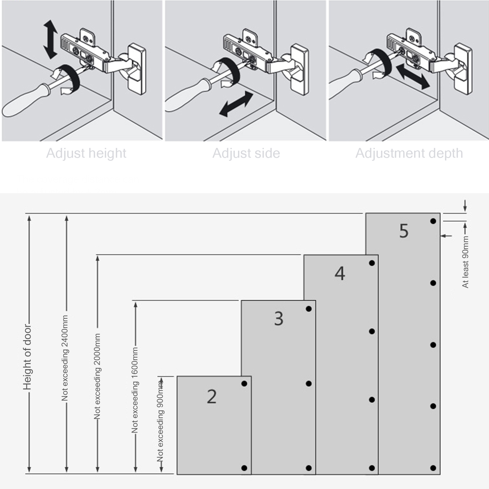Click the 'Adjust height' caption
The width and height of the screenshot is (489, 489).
coord(86,153)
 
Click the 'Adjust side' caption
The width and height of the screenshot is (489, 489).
coord(246,153)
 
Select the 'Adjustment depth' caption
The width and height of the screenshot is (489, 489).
coord(409,153)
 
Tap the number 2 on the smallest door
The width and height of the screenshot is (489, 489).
coord(211,397)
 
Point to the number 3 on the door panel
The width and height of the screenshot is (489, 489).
coord(278,318)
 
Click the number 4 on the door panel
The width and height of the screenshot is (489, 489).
coord(340,273)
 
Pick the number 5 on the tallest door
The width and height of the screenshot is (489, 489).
coord(404,231)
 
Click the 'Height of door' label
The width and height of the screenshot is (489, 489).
coord(27,358)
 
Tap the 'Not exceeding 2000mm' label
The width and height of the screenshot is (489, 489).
coord(97,376)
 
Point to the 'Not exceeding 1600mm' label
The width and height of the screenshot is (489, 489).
coord(135,390)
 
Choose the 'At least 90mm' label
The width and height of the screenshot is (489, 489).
coord(465,262)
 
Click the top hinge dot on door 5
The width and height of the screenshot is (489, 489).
coord(433,221)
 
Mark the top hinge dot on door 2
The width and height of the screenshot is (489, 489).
coord(244,384)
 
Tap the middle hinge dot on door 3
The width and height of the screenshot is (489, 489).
coord(309,384)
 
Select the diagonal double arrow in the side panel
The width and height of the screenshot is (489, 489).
coord(236,104)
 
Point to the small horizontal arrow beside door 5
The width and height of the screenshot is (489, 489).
coord(446,236)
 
